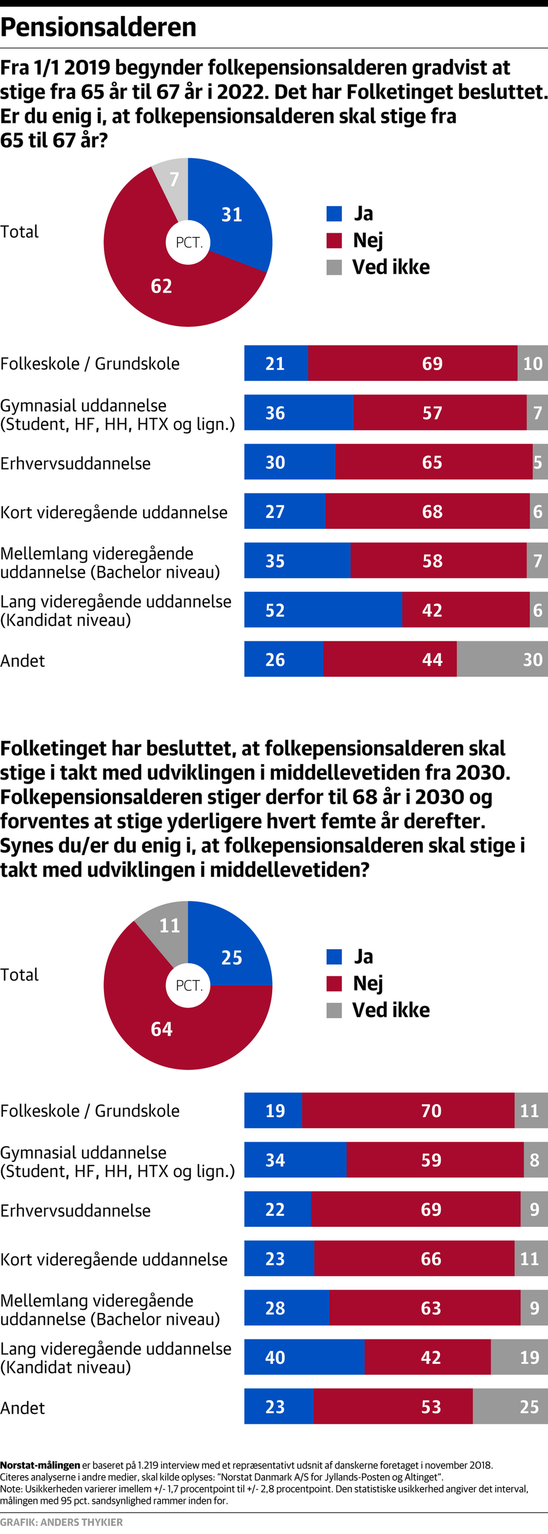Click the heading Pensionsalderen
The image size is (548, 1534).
98,27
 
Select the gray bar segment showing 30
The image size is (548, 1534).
502,659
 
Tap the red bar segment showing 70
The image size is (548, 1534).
408,1111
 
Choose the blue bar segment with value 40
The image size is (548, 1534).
304,1357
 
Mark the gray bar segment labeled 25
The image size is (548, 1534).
510,1407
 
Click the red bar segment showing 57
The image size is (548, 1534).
440,413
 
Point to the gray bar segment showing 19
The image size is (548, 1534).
519,1357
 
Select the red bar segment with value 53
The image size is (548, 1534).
393,1407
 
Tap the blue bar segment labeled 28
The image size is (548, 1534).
286,1308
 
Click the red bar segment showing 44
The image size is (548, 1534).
390,659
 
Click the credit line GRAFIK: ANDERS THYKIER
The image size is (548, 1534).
61,1522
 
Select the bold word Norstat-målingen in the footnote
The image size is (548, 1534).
40,1465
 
